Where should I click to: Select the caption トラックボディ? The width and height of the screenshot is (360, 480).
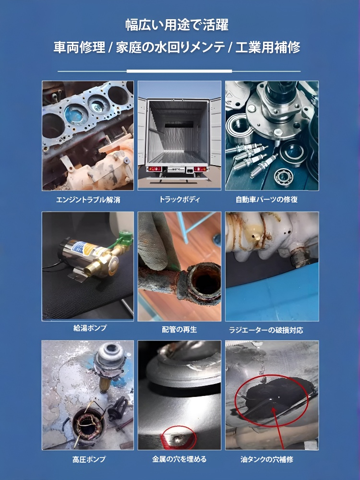180,199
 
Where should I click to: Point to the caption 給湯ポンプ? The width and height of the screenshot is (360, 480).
87,328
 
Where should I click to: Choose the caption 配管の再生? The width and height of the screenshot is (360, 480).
180,329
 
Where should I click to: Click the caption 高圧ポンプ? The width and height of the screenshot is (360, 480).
87,459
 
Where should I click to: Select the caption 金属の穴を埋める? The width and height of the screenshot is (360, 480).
180,459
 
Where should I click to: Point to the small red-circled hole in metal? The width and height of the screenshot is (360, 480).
178,438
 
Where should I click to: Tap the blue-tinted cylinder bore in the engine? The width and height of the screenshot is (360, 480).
72,115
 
